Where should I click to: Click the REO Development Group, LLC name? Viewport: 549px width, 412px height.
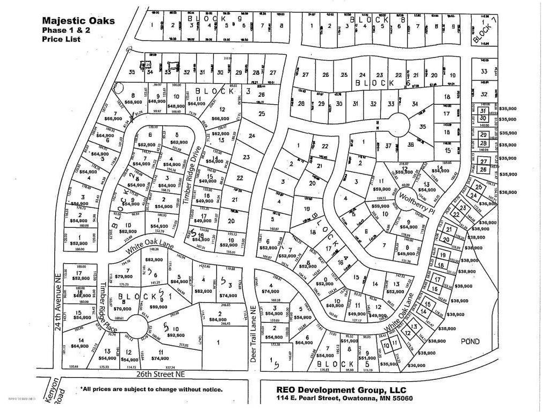click(x=334, y=389)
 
